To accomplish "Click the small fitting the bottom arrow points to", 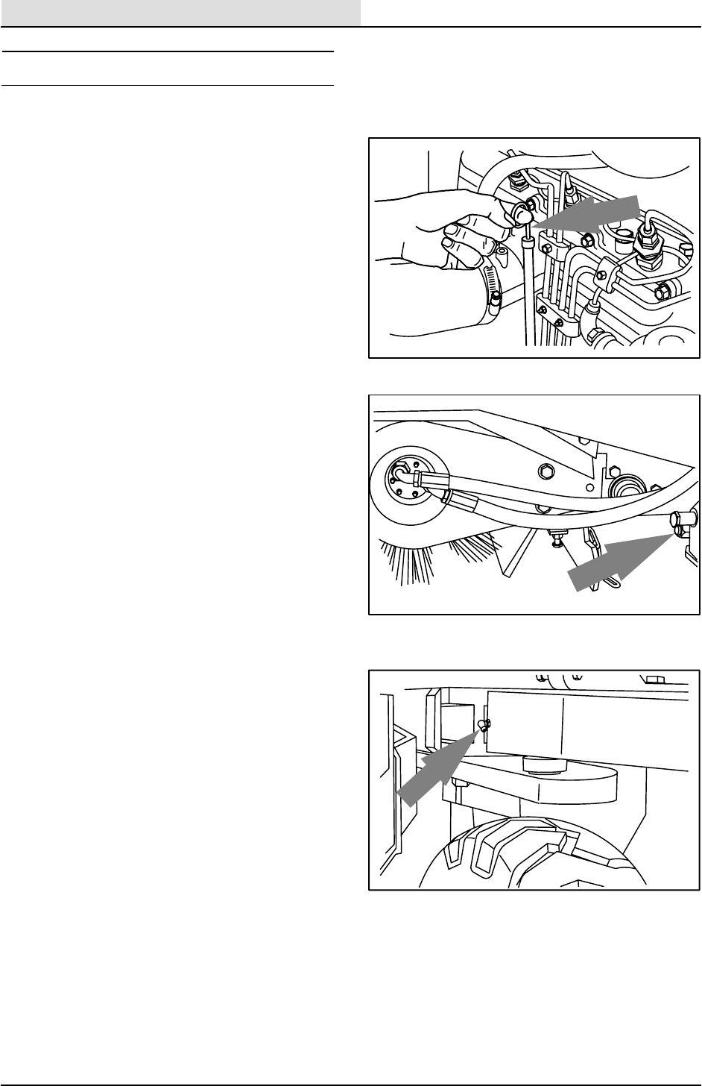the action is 482,726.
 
